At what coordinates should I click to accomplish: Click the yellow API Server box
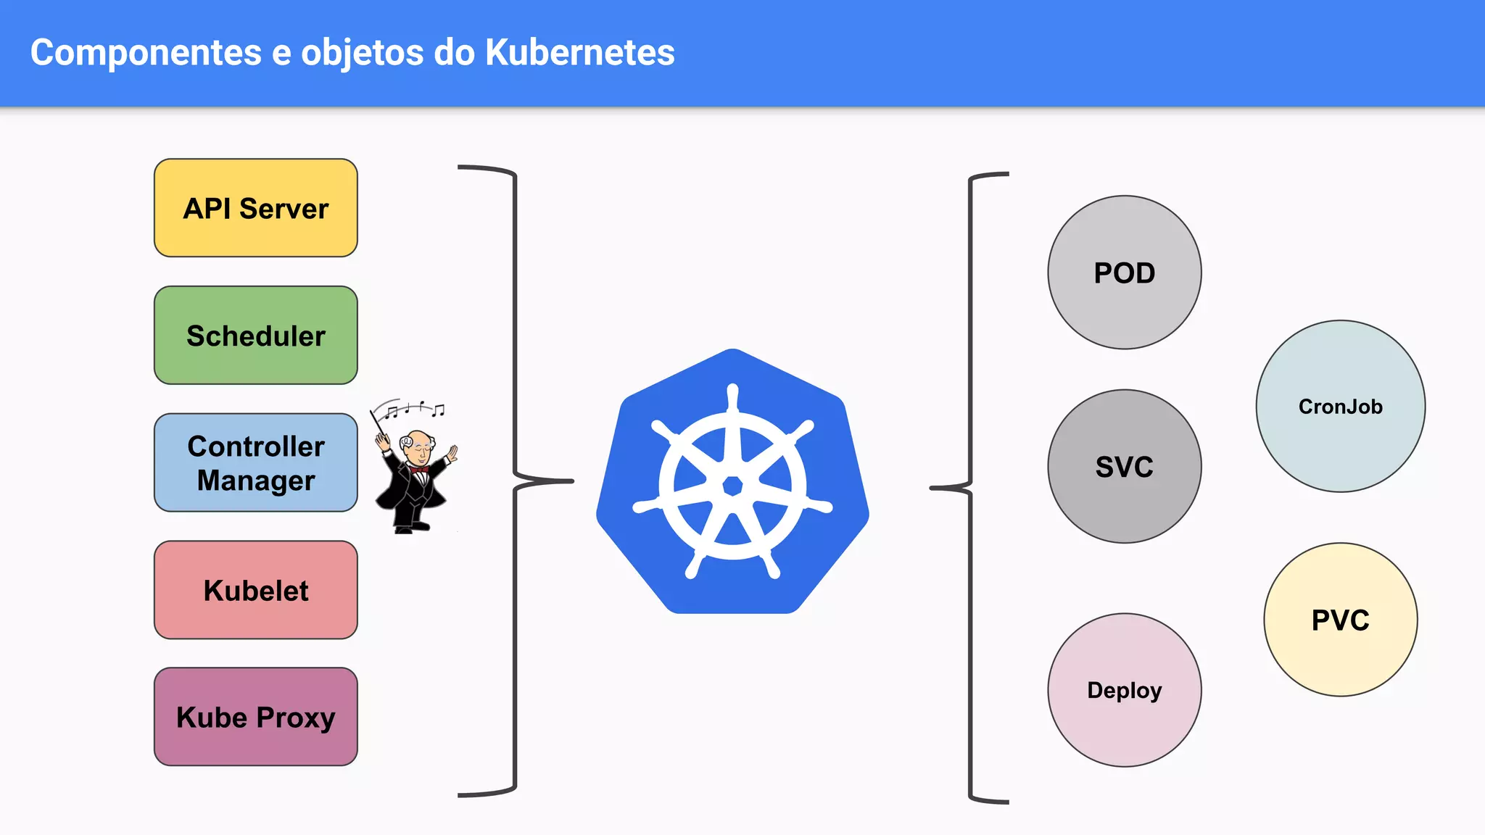point(255,208)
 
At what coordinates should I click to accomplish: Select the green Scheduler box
point(255,335)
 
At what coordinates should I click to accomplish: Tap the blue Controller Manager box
point(255,462)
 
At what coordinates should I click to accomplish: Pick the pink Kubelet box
point(255,590)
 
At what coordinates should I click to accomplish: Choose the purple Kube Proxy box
point(255,717)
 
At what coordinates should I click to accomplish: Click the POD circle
point(1124,273)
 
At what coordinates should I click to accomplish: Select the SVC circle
point(1124,466)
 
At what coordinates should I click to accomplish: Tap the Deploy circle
point(1124,690)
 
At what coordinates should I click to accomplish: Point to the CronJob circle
point(1340,406)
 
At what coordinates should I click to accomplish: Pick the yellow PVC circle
point(1340,620)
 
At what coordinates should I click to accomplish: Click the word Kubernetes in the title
point(579,52)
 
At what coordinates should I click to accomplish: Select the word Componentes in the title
point(146,52)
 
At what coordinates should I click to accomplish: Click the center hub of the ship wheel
point(732,486)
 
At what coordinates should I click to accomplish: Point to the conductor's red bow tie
point(419,470)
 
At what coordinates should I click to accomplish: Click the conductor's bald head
point(418,441)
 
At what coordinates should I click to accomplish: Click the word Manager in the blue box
point(255,481)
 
